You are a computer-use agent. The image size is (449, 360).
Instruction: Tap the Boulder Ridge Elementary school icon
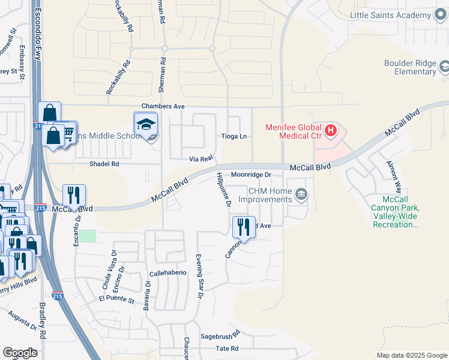[445, 66]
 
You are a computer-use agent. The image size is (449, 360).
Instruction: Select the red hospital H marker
[330, 129]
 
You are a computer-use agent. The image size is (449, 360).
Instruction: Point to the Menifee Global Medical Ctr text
[294, 131]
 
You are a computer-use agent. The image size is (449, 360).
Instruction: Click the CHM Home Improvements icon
[301, 194]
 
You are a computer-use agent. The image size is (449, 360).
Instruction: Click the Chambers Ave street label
[162, 106]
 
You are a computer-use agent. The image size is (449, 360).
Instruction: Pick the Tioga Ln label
[234, 137]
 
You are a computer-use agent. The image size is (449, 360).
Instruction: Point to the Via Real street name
[202, 158]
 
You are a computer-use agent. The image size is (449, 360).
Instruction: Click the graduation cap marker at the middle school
[145, 125]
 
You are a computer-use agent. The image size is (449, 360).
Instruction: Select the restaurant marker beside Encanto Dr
[74, 195]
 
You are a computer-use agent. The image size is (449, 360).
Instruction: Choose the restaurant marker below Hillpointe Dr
[244, 227]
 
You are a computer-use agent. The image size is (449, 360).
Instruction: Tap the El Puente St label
[116, 298]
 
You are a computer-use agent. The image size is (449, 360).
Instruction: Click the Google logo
[20, 353]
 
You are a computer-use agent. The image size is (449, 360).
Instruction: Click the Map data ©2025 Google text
[411, 355]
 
